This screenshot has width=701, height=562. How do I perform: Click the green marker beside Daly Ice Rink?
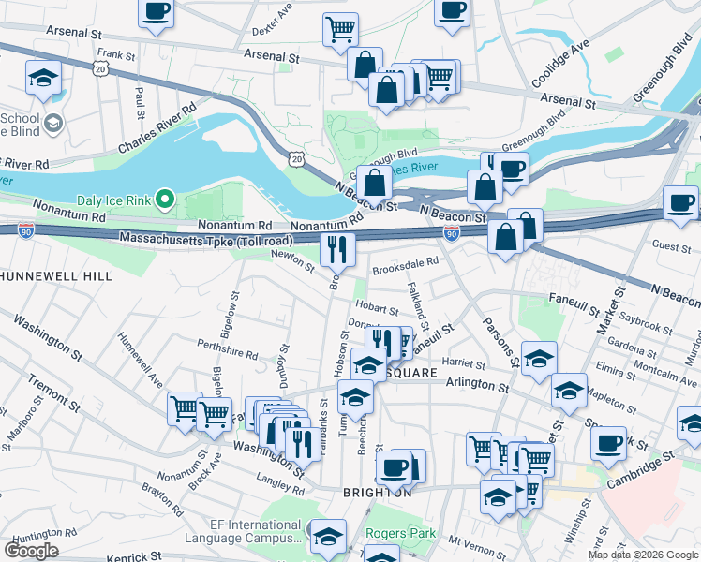click(x=166, y=199)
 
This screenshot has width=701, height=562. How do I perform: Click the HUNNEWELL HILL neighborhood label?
click(x=56, y=276)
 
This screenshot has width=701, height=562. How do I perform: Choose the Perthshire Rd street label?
click(x=227, y=349)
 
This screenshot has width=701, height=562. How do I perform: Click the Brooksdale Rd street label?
click(x=405, y=268)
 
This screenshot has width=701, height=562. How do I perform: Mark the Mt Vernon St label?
click(x=470, y=541)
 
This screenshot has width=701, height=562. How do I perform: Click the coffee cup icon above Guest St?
click(x=681, y=201)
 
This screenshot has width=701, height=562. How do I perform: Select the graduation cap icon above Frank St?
click(x=43, y=78)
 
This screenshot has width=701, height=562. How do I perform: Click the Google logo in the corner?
click(x=31, y=550)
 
